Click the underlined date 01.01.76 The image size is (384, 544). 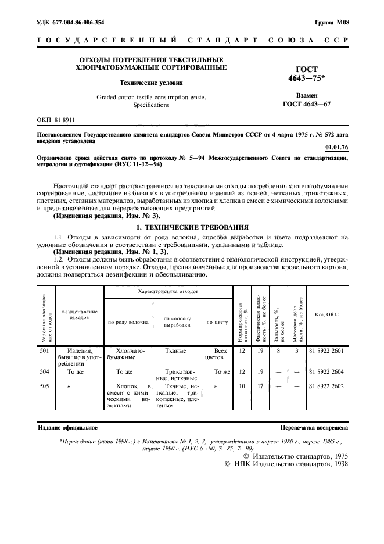coord(337,148)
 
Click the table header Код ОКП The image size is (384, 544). coord(326,314)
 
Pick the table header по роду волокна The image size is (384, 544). coord(128,321)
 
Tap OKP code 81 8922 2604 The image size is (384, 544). coord(326,371)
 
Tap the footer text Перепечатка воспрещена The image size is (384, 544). coord(314,427)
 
